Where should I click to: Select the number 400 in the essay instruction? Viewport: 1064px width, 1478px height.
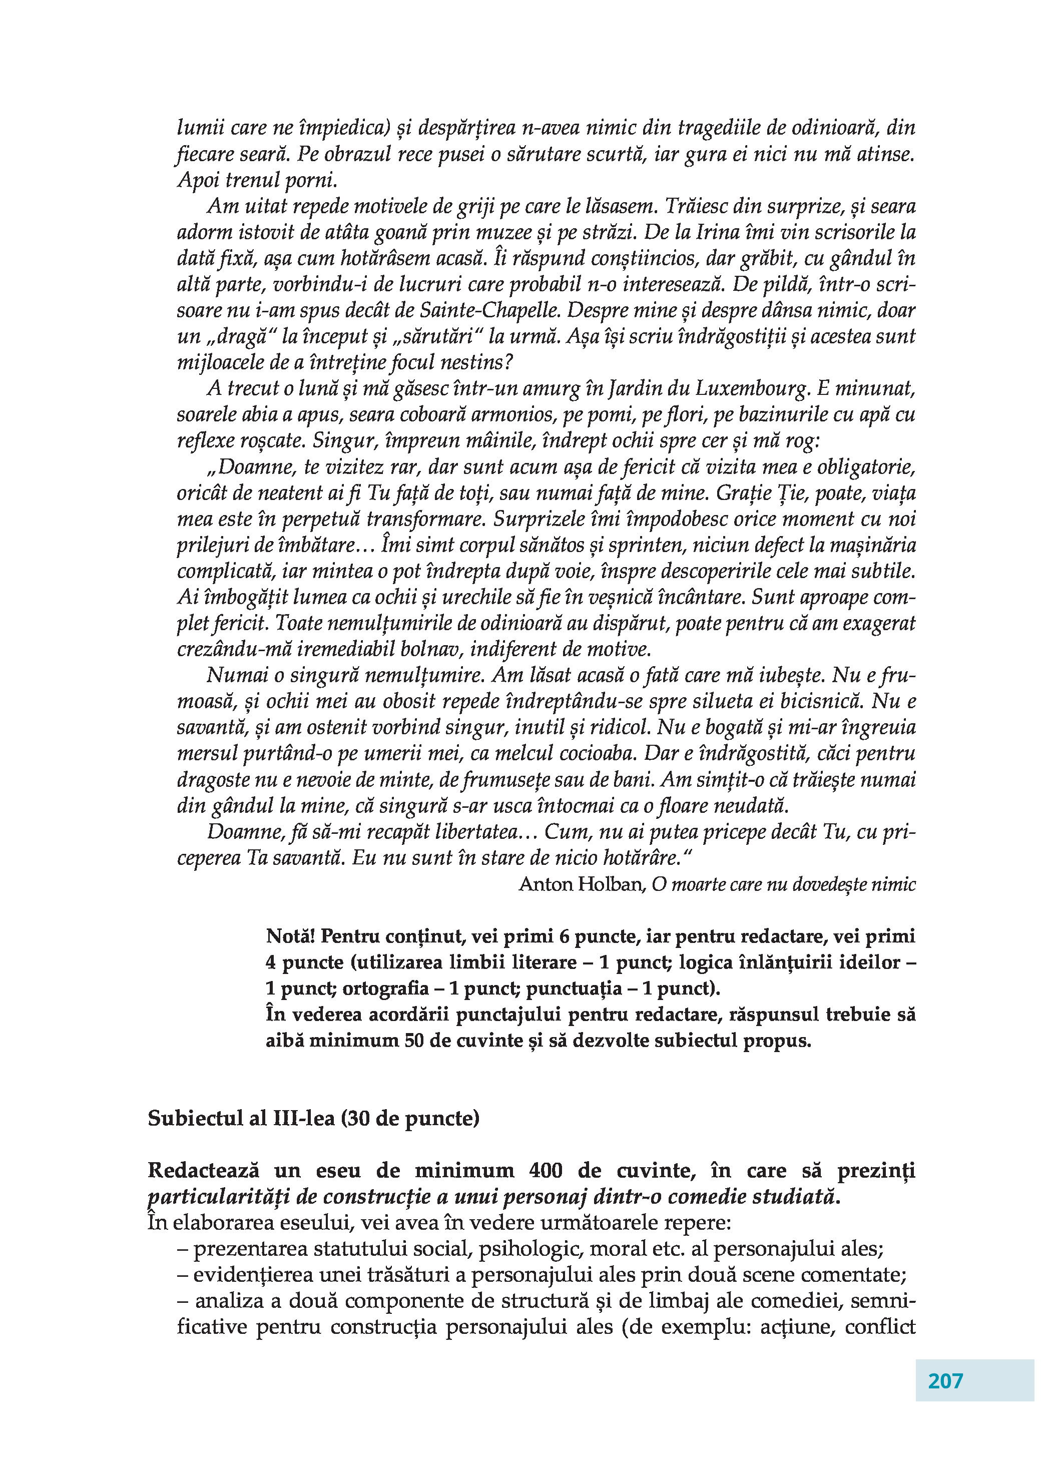[x=546, y=1170]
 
